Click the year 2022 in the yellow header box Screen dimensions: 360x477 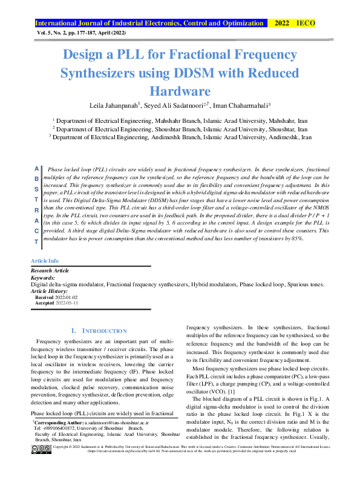tap(282, 23)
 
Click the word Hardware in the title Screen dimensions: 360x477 tap(180, 91)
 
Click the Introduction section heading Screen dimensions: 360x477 tap(99, 331)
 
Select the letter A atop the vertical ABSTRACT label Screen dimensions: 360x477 tap(36, 169)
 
